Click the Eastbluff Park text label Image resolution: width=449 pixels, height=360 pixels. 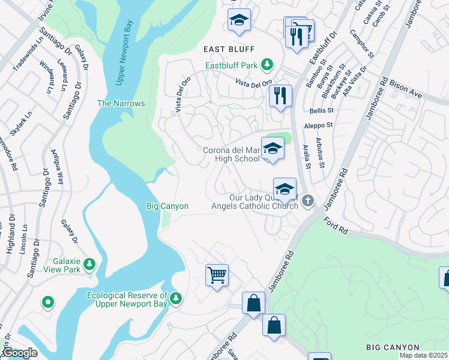click(x=231, y=65)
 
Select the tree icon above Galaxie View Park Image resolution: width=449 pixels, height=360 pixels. click(x=89, y=263)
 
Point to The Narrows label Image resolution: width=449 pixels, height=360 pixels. click(x=121, y=103)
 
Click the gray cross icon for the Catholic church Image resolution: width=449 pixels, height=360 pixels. click(x=307, y=200)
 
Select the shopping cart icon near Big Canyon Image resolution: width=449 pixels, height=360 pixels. click(x=217, y=276)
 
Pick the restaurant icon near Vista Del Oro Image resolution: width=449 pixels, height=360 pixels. click(x=280, y=96)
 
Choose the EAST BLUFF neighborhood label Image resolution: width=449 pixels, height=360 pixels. click(x=229, y=49)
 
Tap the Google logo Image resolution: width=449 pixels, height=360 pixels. click(x=20, y=353)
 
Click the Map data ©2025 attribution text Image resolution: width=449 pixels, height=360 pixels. click(x=424, y=355)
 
